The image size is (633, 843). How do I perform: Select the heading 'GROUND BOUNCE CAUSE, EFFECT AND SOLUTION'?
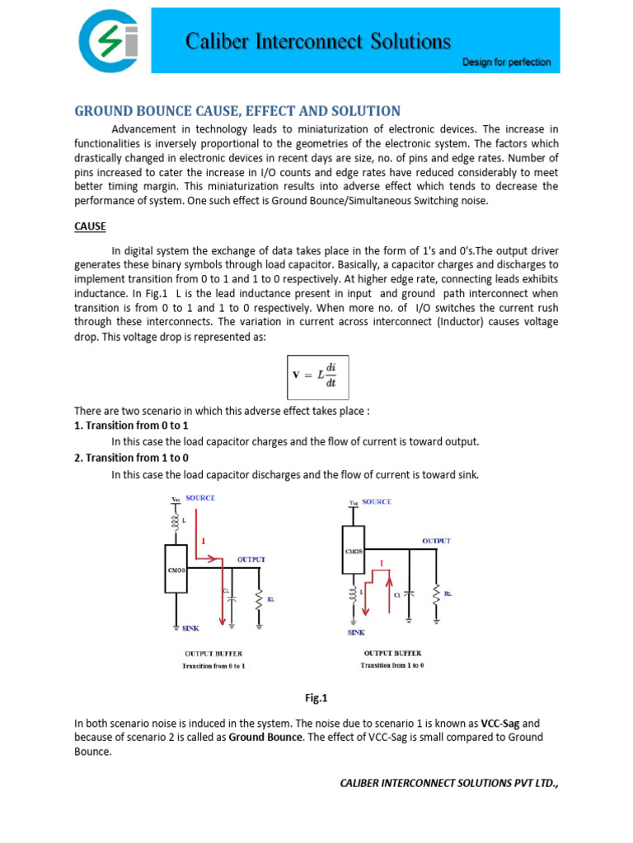237,111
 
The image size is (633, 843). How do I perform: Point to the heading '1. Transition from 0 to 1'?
131,425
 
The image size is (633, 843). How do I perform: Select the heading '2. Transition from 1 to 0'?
131,458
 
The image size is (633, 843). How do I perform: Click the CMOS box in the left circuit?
177,568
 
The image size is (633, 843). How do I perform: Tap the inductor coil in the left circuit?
176,523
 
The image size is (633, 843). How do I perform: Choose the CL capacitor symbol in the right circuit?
410,593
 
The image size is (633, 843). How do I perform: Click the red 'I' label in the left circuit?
203,541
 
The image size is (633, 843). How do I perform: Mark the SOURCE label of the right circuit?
377,501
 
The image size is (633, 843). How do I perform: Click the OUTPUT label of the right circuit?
436,541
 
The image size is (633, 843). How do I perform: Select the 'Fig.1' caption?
316,698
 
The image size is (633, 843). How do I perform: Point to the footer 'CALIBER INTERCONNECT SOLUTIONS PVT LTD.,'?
449,783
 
